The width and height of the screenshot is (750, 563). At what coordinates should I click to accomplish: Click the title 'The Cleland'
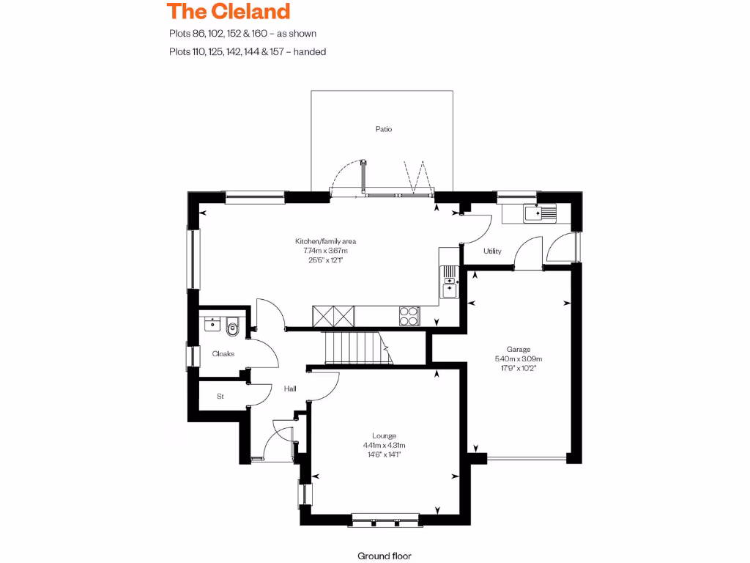[228, 12]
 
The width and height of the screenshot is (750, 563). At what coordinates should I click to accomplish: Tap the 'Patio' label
[383, 129]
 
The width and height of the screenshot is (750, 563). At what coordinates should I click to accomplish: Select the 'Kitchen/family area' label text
[325, 241]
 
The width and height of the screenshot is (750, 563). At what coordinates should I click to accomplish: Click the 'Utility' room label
[492, 251]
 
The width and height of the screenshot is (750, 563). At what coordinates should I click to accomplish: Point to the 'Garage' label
[518, 349]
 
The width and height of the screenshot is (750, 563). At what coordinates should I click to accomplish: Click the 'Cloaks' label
[223, 353]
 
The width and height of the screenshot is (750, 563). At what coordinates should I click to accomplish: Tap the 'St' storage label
[220, 397]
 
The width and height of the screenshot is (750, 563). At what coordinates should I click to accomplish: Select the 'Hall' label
[289, 389]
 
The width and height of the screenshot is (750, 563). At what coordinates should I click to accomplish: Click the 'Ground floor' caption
[385, 556]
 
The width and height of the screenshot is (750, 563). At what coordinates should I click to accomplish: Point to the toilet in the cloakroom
[234, 326]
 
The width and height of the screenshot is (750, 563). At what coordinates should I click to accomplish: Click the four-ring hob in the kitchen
[409, 315]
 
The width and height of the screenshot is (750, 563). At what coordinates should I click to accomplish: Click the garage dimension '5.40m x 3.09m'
[518, 359]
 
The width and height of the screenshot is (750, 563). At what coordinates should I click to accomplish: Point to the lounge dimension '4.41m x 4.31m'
[384, 445]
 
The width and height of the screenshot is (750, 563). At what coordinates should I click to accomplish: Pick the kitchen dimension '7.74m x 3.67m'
[325, 251]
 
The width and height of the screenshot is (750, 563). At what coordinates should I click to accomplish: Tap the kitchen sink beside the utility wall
[448, 281]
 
